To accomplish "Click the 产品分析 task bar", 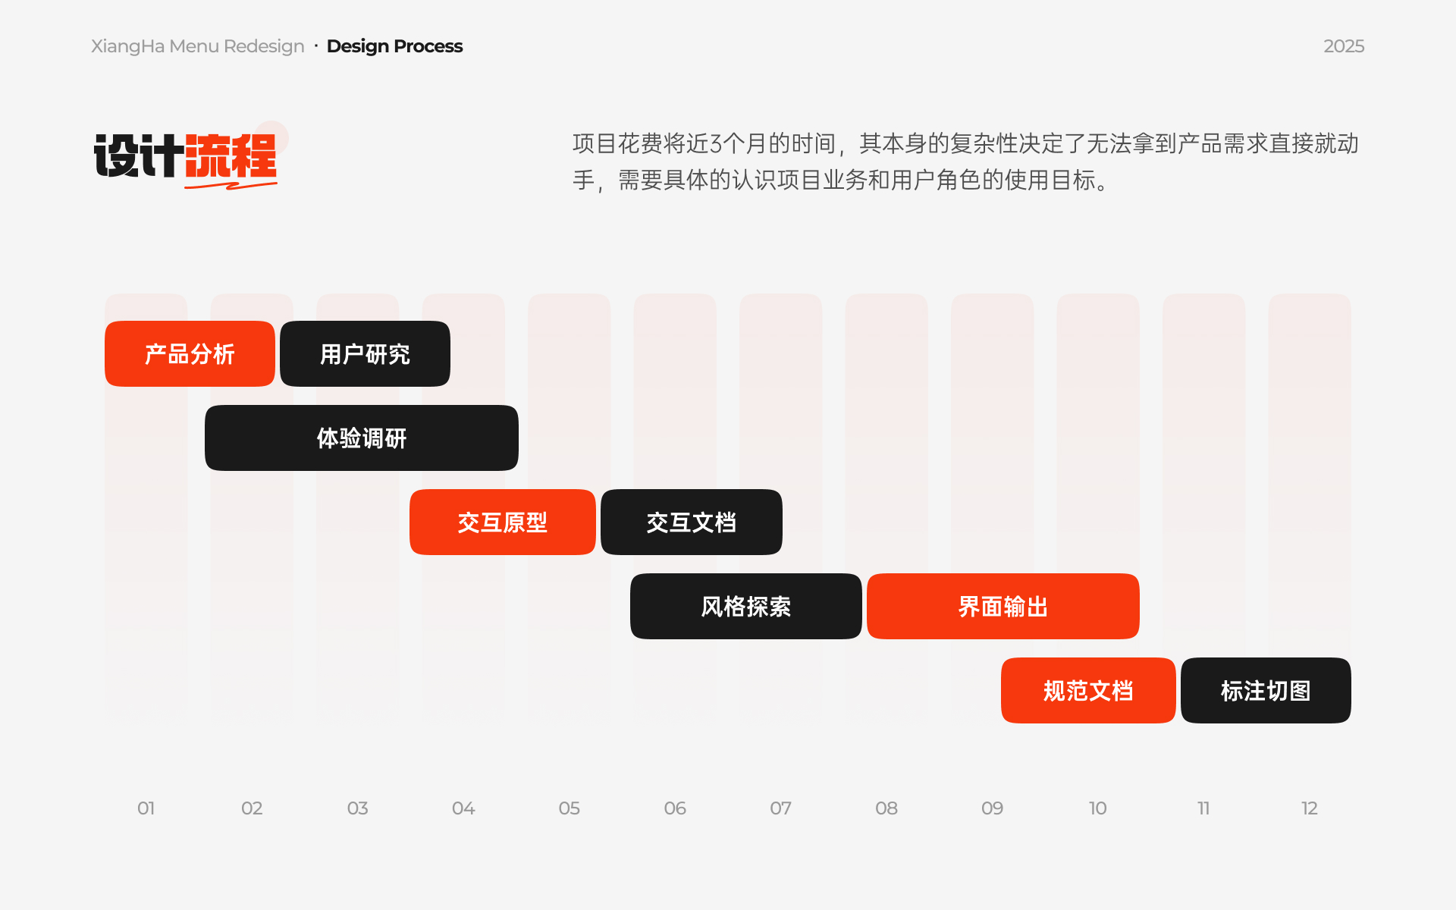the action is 190,353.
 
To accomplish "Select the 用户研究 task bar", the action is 365,353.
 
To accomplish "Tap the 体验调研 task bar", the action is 362,438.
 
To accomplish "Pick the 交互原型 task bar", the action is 502,522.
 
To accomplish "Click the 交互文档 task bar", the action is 692,522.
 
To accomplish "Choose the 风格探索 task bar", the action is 746,606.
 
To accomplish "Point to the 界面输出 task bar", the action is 1003,606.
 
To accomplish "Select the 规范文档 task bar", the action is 1088,690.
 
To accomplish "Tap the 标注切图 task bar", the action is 1266,690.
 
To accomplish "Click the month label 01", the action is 146,808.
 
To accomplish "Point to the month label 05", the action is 570,808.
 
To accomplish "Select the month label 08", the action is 886,808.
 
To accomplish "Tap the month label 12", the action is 1310,808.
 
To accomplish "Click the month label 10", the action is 1098,808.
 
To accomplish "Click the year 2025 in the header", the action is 1344,46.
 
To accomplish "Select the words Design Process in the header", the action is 394,46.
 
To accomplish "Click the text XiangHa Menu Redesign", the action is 198,46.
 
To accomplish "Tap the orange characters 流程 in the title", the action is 231,155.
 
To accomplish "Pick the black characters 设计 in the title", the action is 139,155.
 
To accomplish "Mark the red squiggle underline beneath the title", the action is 231,184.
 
